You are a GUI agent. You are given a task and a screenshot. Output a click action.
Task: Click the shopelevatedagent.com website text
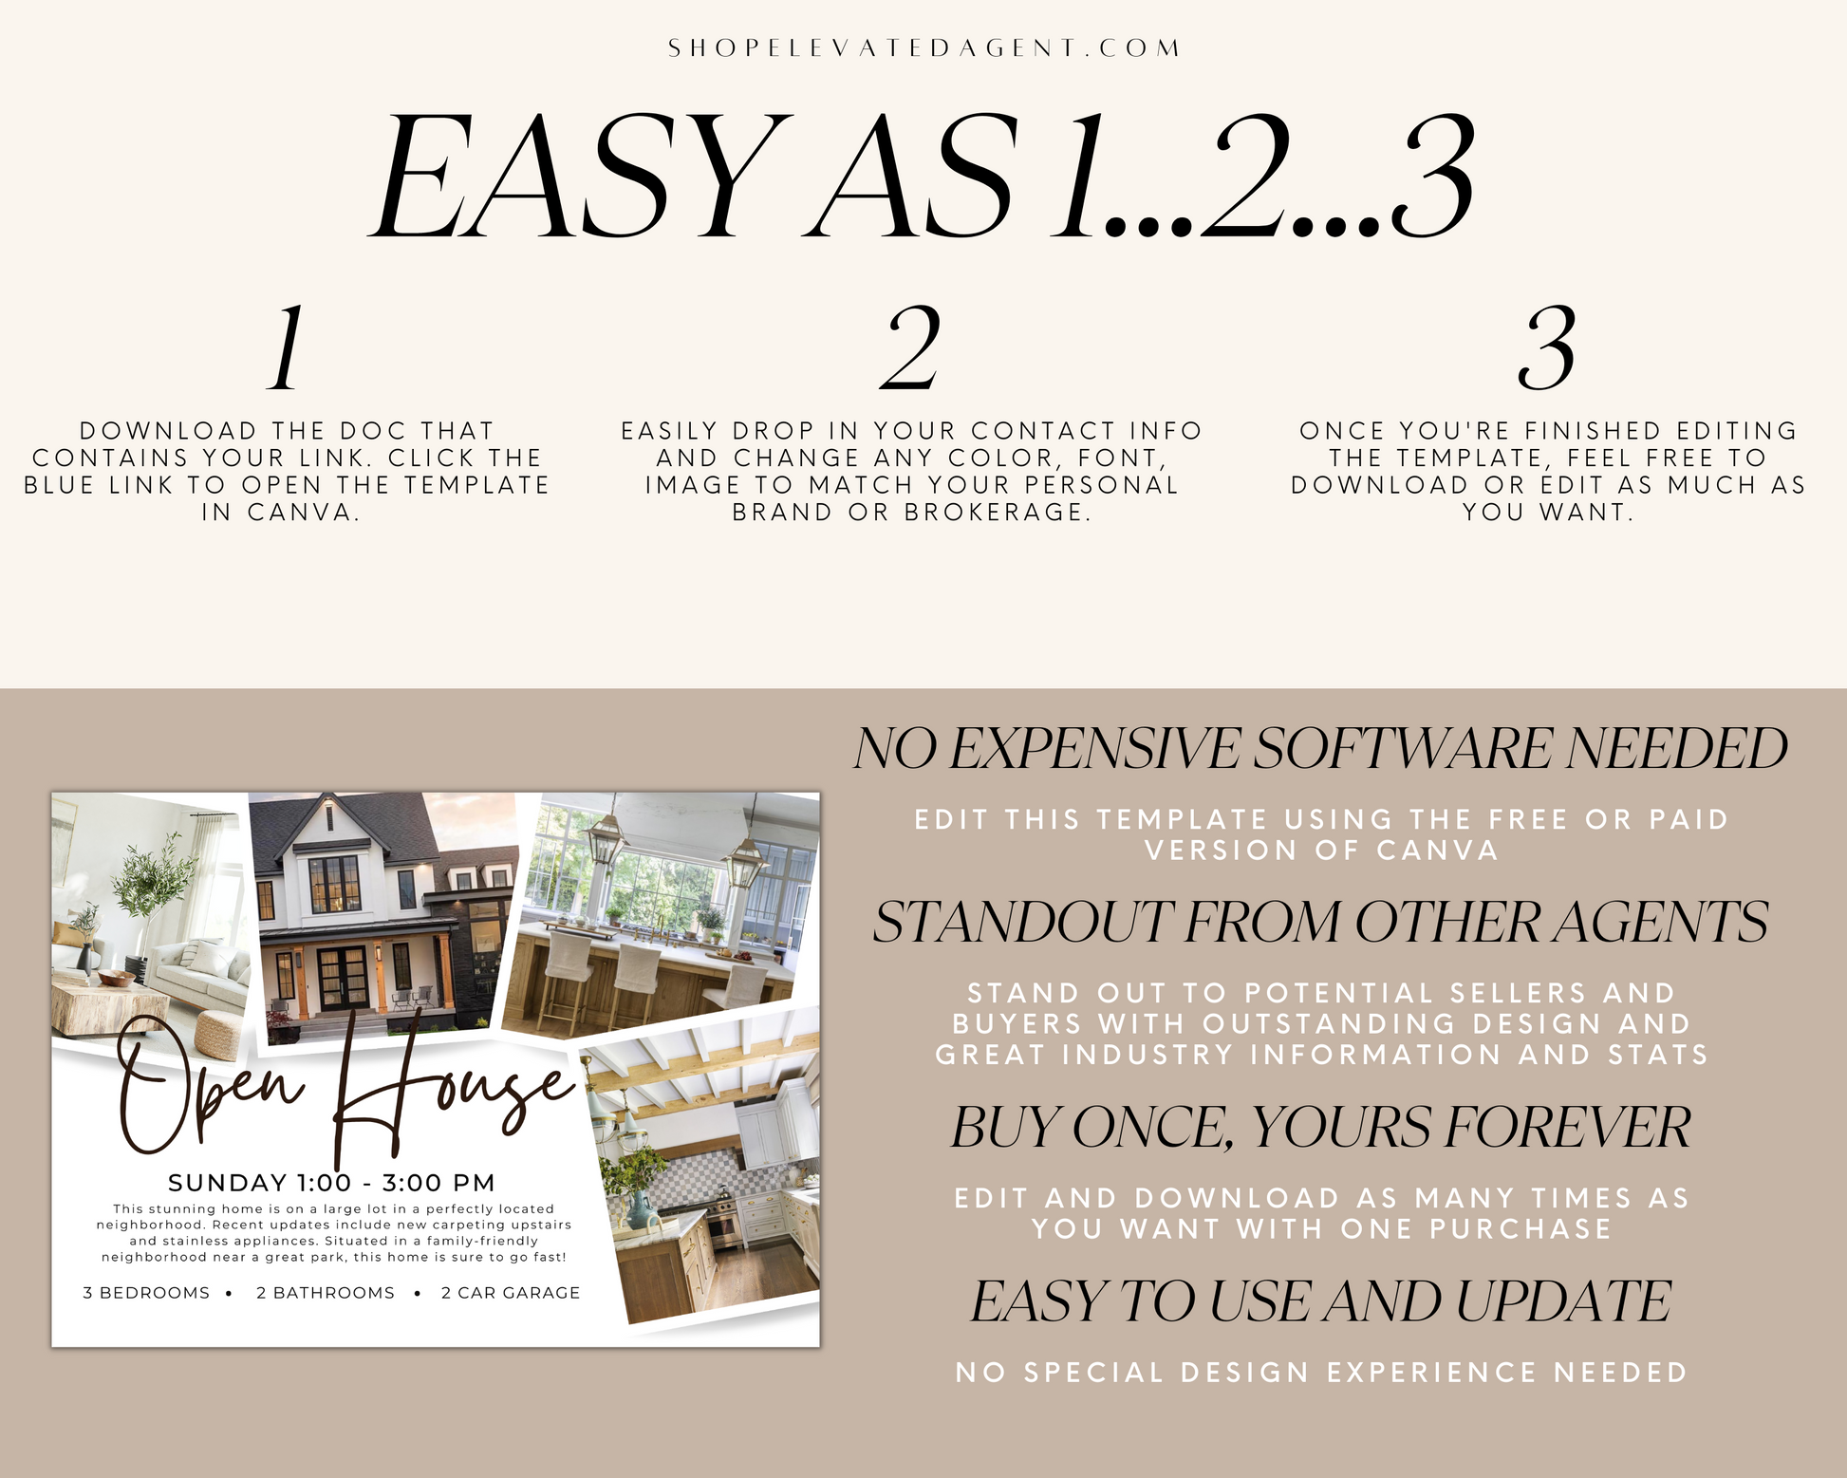[923, 48]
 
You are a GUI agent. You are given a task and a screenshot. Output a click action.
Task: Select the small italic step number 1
[286, 348]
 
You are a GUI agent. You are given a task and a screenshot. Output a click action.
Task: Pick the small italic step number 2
[910, 348]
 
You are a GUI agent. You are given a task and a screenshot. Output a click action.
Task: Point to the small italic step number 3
[1546, 348]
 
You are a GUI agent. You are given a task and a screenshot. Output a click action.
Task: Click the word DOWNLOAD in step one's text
[168, 431]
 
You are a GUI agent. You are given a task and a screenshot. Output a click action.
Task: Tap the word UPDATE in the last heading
[1563, 1300]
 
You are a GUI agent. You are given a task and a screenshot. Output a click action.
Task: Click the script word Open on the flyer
[211, 1087]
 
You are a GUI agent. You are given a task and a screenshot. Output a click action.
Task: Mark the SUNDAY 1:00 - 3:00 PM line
[331, 1183]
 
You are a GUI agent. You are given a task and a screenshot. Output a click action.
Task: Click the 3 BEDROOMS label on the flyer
[146, 1293]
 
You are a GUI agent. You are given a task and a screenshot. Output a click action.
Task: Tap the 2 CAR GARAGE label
[511, 1293]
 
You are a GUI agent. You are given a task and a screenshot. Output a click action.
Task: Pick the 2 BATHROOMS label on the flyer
[326, 1293]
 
